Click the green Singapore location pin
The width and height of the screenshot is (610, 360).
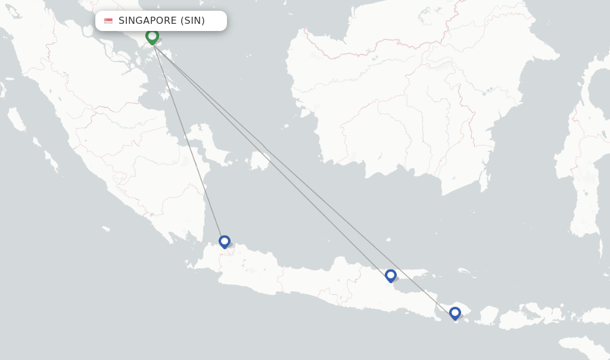tap(152, 36)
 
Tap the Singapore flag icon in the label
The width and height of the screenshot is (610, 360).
tap(108, 21)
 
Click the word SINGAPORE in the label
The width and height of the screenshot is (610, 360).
tap(147, 21)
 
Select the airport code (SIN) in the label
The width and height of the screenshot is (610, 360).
tap(192, 21)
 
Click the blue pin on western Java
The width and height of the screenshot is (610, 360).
tap(224, 241)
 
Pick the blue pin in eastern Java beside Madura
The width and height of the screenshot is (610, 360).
tap(390, 275)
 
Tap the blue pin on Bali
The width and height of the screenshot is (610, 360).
tap(455, 313)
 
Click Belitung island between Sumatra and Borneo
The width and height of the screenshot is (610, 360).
tap(259, 161)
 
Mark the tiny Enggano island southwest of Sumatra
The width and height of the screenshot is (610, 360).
tap(105, 228)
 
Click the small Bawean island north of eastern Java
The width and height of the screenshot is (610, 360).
tap(388, 240)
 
